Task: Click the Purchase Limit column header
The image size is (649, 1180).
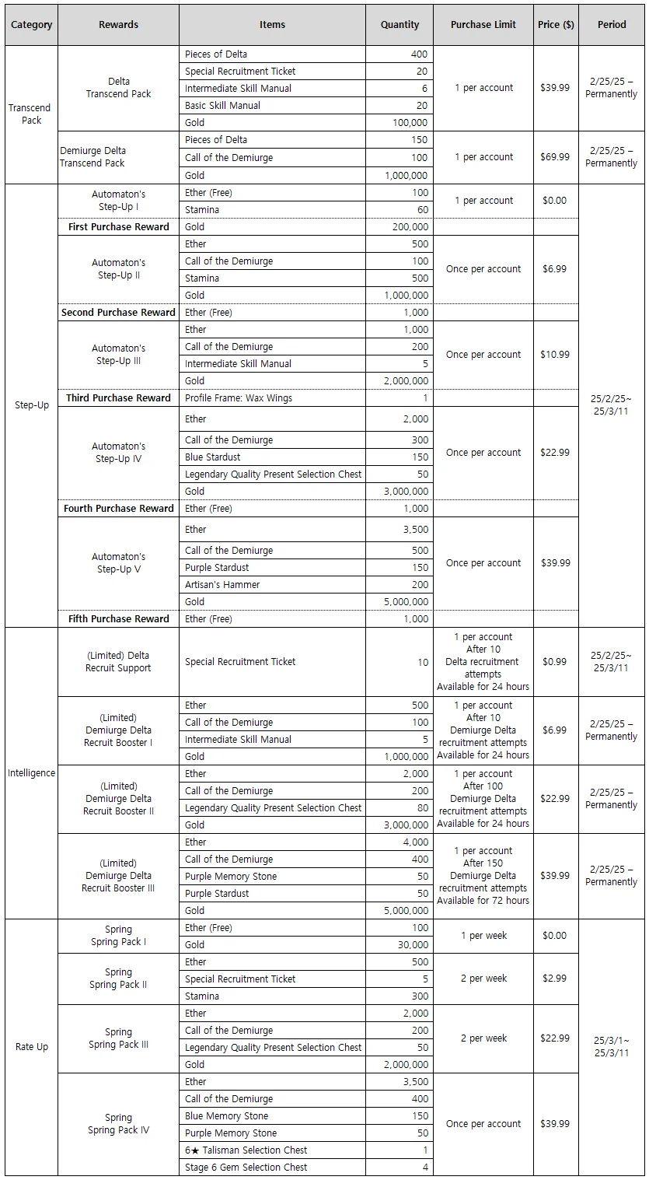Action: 483,25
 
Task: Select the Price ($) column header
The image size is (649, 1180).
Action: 556,25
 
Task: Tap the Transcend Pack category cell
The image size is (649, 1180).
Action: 31,114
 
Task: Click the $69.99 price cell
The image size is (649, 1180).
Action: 555,157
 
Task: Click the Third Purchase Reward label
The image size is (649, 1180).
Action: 118,398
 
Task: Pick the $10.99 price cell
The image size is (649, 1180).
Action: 555,355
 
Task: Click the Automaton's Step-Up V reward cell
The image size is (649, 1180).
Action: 118,563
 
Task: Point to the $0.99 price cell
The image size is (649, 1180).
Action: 555,662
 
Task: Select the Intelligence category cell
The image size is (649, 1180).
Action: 31,773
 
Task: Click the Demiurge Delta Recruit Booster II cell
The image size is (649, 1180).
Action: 118,799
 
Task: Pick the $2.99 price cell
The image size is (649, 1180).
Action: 555,979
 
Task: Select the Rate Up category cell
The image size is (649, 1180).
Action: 31,1047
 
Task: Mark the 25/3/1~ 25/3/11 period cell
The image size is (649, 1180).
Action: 611,1047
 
